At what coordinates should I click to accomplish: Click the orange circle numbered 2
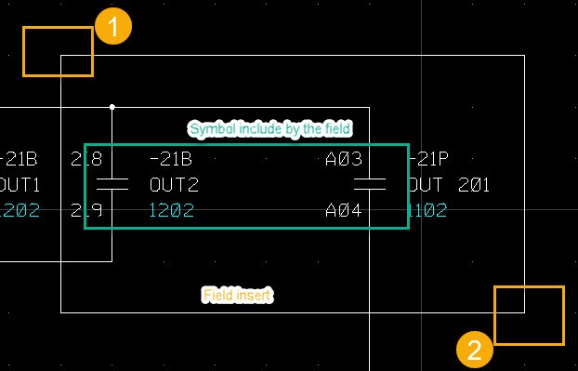(474, 350)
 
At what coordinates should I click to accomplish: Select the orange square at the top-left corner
(58, 51)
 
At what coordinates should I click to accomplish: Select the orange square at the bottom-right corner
(529, 315)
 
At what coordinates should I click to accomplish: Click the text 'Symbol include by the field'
(269, 128)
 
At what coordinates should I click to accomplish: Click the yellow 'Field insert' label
(238, 295)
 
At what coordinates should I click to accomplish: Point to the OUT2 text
(174, 184)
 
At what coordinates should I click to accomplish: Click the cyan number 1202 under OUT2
(171, 211)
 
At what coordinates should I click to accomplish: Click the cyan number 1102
(427, 211)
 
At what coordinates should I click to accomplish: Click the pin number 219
(86, 211)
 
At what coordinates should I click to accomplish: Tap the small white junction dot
(112, 107)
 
